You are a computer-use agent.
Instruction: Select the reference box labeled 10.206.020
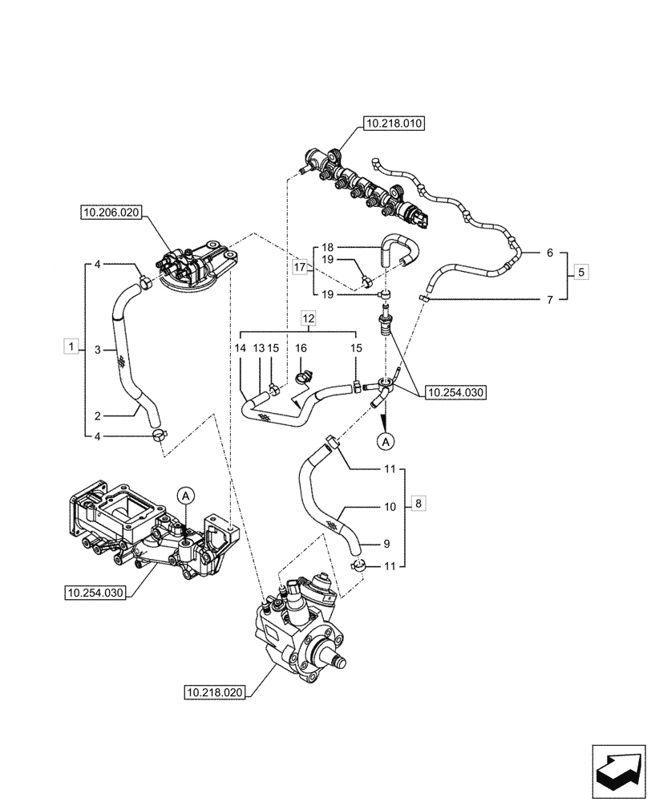110,213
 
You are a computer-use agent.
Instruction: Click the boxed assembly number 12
309,320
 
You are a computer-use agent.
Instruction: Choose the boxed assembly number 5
582,272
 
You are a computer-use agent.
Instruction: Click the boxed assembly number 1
71,346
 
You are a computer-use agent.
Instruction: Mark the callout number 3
97,350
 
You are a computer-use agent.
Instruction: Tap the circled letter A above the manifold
185,496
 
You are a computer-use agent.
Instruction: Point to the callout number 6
549,253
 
